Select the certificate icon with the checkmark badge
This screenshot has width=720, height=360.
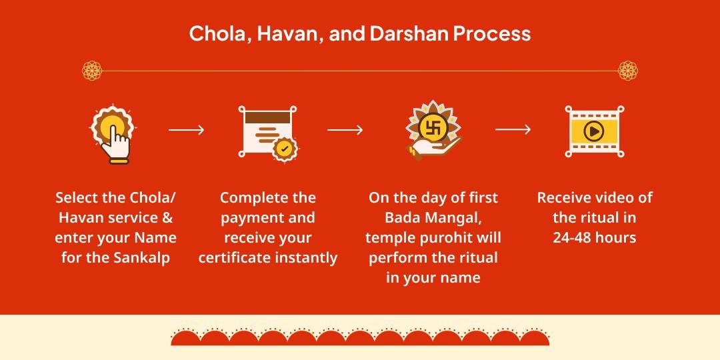coord(267,131)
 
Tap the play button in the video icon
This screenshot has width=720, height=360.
coord(593,131)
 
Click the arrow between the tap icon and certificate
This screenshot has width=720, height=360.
coord(187,130)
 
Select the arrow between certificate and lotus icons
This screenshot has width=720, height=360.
coord(345,130)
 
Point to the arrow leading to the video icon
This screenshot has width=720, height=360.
coord(513,130)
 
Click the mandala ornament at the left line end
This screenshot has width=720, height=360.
coord(91,71)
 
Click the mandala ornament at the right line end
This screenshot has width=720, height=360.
coord(628,71)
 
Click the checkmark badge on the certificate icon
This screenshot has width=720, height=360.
coord(285,148)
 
